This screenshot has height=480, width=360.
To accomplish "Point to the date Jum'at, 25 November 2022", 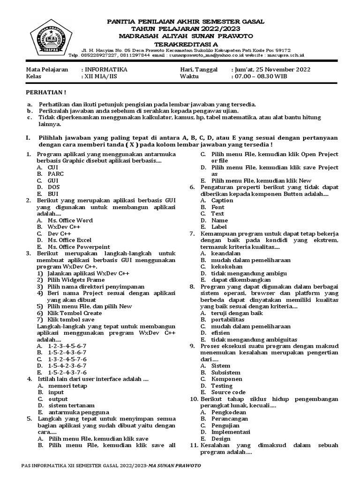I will (x=271, y=69).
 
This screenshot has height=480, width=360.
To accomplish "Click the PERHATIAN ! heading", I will (x=45, y=92).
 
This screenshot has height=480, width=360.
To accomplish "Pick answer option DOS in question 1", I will (x=54, y=187).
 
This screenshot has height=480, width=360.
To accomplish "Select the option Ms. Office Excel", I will (x=69, y=240).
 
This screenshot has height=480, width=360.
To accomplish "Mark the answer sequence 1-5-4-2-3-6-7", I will (x=67, y=365).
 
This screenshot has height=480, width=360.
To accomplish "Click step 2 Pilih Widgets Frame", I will (x=75, y=280).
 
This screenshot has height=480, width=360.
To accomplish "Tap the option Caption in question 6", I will (x=222, y=200).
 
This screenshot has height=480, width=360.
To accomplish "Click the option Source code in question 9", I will (x=228, y=392).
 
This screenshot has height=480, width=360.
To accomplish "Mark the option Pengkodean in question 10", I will (x=228, y=412).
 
